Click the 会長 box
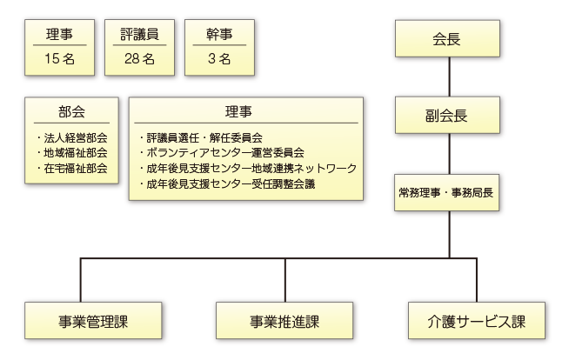coord(449,40)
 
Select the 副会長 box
coord(449,114)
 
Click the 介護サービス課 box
coord(479,321)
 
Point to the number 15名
coord(59,59)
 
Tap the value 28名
coord(139,59)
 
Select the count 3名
coord(219,59)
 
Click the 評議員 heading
coord(139,35)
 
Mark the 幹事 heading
coord(219,35)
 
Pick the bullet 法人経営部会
coord(74,137)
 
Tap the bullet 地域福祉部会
coord(74,153)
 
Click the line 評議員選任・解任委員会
coord(201,137)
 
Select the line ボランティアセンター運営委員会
coord(222,153)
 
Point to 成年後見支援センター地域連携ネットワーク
coord(248,169)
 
